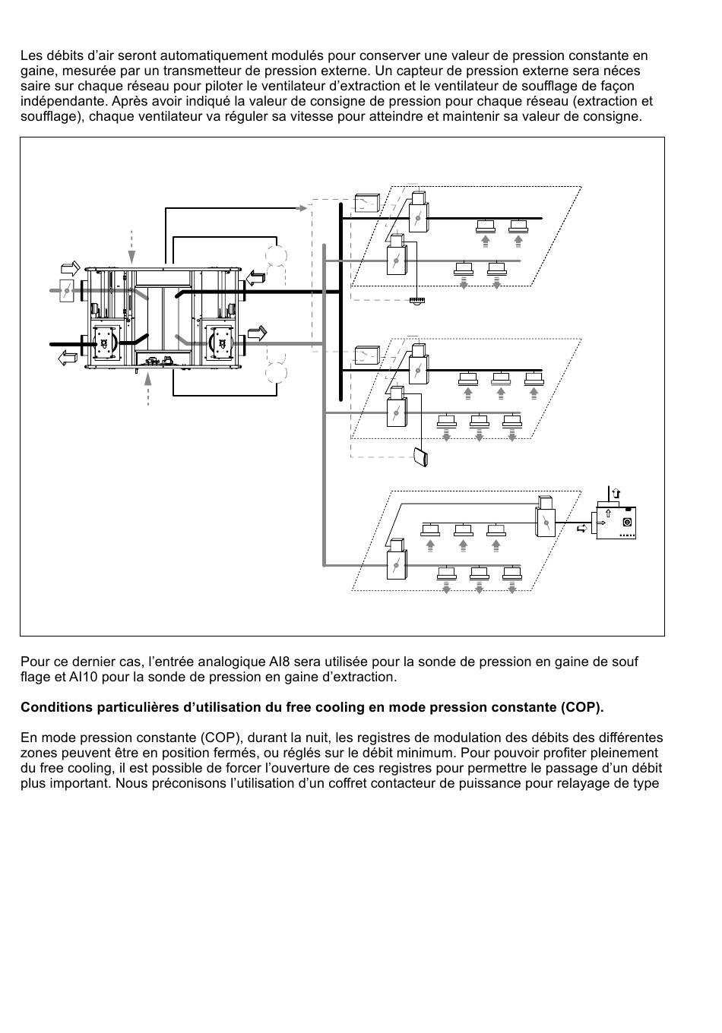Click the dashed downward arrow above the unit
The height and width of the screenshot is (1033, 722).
coord(132,247)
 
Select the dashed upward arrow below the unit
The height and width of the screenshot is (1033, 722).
coord(147,389)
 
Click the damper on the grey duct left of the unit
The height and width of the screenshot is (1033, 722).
coord(67,290)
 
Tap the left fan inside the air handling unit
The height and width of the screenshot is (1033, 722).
coord(105,343)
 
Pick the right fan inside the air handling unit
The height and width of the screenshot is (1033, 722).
coord(221,343)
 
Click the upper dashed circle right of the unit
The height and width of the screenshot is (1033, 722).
coord(277,255)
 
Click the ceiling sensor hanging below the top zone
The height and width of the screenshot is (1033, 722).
coord(417,301)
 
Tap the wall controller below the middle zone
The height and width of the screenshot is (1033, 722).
coord(421,456)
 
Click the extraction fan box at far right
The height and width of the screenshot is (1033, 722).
coord(616,523)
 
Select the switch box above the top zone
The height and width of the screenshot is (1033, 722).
coord(367,203)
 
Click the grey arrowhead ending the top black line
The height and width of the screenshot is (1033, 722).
coord(302,208)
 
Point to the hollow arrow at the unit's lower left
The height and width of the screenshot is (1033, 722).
coord(68,358)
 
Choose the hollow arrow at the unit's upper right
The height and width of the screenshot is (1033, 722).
coord(255,278)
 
